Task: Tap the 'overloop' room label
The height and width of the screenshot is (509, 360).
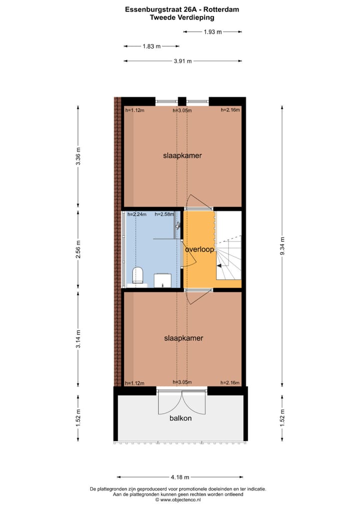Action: tap(199, 248)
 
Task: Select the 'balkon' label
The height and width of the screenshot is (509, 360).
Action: tap(180, 418)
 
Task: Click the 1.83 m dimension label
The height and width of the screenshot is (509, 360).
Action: tap(151, 46)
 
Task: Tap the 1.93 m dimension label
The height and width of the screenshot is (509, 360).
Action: tap(212, 32)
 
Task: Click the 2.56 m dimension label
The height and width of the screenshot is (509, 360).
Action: tap(78, 248)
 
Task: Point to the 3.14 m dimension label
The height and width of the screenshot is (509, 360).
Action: tap(78, 338)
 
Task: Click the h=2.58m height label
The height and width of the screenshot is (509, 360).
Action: tap(164, 214)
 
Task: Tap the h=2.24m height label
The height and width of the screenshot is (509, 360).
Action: tap(136, 214)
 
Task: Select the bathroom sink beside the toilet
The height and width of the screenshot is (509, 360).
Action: tap(162, 280)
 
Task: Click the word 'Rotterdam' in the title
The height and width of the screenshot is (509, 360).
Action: tap(216, 8)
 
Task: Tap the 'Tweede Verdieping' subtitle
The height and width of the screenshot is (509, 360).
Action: tap(182, 17)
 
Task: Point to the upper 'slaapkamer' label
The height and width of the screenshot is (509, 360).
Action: tap(182, 155)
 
